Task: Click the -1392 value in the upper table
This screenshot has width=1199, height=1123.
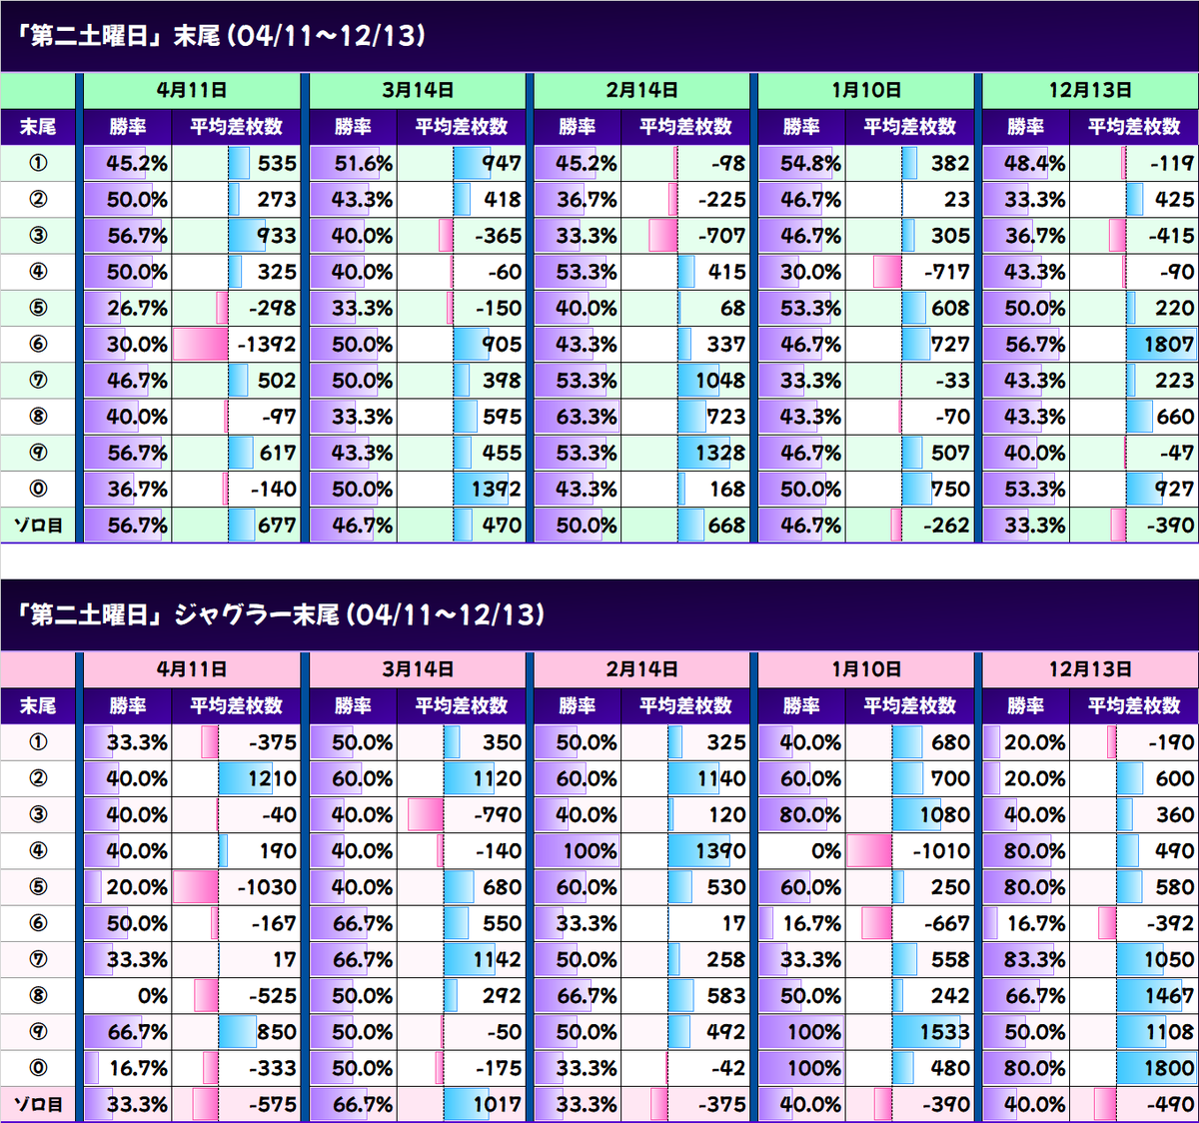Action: click(267, 344)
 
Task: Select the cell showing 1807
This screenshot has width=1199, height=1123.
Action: click(1169, 344)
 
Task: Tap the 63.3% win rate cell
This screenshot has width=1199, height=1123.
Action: click(587, 417)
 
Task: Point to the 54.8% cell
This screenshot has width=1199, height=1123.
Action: click(810, 163)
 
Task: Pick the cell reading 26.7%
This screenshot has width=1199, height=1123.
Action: click(137, 308)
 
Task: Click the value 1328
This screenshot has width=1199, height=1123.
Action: click(720, 453)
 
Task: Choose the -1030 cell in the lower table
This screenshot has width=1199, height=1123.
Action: click(267, 887)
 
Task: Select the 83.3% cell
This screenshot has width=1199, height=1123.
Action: click(1035, 959)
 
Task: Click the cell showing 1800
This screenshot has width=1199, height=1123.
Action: click(1169, 1068)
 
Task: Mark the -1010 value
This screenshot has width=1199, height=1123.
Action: click(941, 850)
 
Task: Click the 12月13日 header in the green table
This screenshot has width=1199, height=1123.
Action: click(1090, 90)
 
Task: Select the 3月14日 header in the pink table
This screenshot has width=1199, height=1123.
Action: click(418, 669)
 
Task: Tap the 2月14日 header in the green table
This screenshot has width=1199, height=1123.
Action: click(641, 90)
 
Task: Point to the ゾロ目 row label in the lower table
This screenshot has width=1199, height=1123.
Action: click(38, 1104)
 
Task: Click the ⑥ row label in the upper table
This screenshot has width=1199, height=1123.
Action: click(38, 344)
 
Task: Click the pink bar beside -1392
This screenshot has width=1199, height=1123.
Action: click(201, 344)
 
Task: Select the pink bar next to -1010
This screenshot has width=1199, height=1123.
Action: click(869, 850)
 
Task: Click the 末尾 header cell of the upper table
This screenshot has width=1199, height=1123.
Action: click(38, 127)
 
